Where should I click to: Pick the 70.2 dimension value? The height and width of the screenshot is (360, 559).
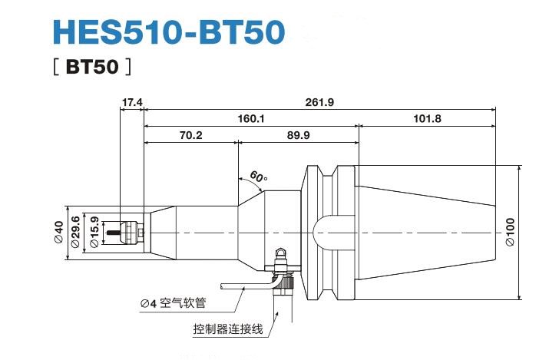[x=190, y=135]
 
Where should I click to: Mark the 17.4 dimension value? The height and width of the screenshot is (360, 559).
[x=132, y=101]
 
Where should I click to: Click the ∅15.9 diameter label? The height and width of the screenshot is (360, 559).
[x=93, y=232]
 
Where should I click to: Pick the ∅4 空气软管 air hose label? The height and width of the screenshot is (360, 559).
[x=173, y=302]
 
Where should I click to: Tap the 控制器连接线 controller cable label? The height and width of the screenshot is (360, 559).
[x=228, y=330]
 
